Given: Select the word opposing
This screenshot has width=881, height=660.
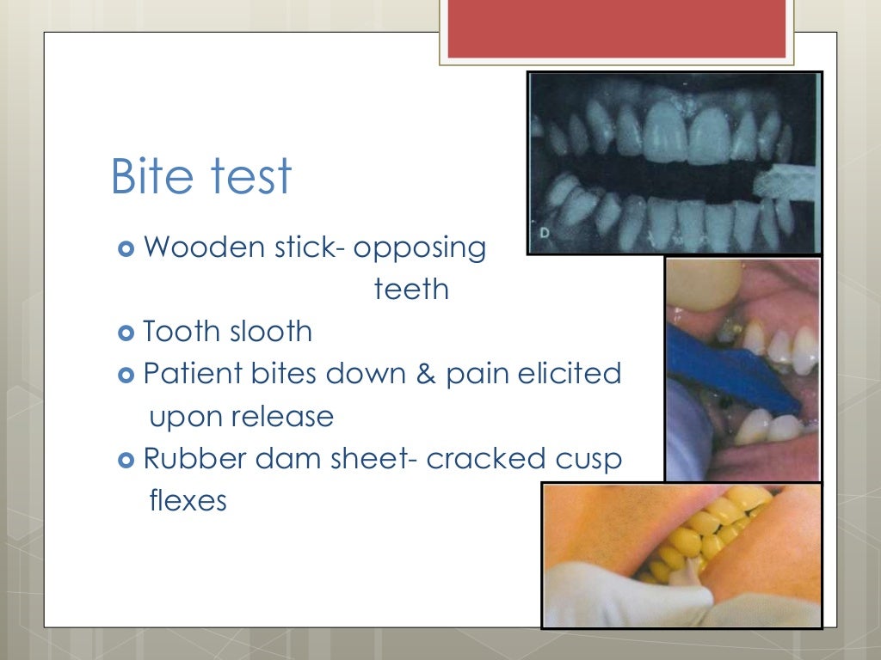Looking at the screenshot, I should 420,249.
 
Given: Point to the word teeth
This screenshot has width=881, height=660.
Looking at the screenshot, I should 411,290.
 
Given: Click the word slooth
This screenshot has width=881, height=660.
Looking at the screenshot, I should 268,331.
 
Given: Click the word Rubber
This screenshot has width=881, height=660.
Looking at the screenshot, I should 191,458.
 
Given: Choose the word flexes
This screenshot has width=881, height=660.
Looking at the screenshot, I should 188,500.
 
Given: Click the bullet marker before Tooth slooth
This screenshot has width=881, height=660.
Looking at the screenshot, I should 125,332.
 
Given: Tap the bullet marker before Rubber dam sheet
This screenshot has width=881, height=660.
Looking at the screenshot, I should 125,459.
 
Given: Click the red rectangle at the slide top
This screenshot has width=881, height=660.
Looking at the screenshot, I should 616,29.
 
